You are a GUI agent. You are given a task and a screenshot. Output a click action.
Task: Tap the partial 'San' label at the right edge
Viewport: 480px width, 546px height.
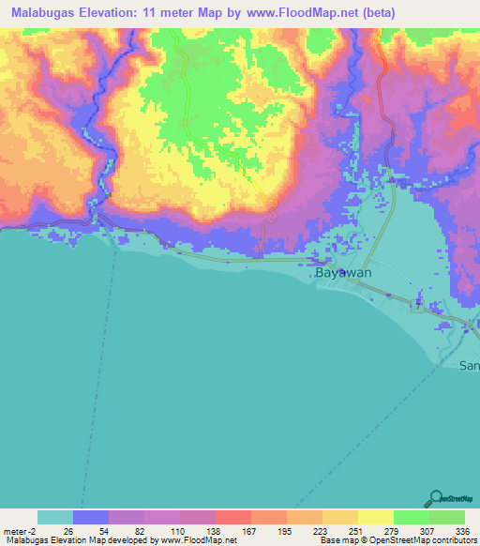469,365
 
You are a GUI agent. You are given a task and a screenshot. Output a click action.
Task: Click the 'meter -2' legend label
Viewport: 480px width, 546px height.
21,530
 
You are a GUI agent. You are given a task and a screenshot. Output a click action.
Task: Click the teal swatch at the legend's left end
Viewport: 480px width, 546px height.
54,517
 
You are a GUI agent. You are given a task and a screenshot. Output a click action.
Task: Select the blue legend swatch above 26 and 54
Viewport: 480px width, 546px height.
90,517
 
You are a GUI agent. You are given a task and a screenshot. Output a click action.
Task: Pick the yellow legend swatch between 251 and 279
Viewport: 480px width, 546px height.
375,517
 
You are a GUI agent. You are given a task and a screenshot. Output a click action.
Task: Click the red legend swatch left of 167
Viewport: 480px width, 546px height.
232,517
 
